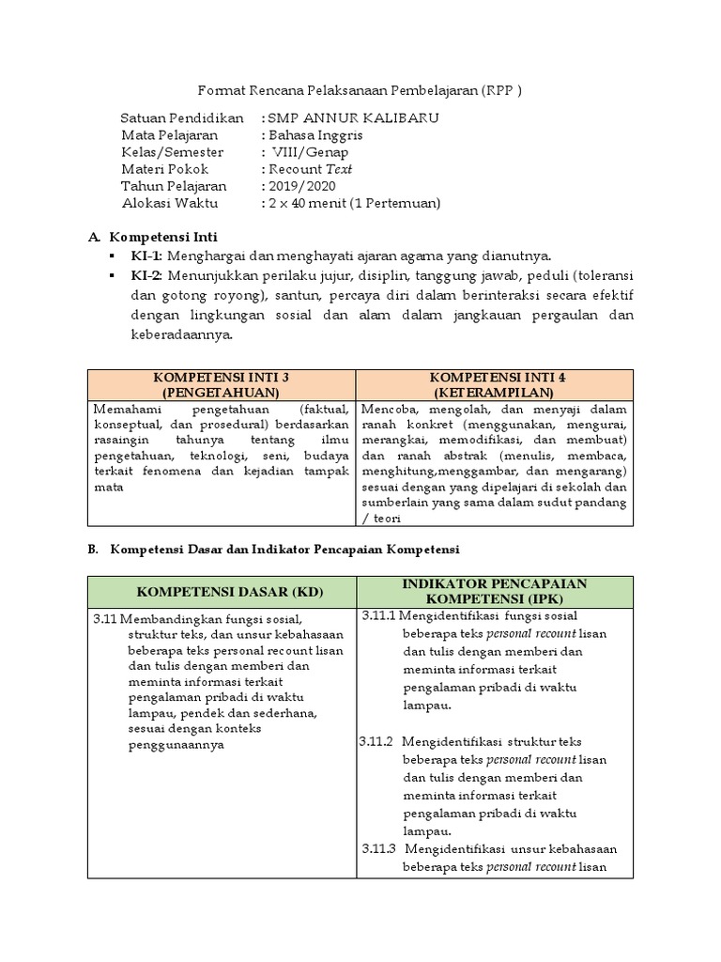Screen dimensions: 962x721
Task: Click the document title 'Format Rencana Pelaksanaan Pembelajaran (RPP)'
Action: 360,91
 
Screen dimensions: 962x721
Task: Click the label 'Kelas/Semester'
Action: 173,151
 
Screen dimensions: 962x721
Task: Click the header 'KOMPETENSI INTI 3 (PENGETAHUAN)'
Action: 221,384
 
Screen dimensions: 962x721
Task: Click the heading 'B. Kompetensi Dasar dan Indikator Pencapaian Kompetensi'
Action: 286,548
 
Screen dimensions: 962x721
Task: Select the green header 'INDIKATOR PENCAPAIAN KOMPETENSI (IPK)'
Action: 495,591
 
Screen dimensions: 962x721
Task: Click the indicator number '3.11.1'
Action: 380,616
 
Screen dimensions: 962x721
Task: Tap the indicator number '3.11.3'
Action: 380,848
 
